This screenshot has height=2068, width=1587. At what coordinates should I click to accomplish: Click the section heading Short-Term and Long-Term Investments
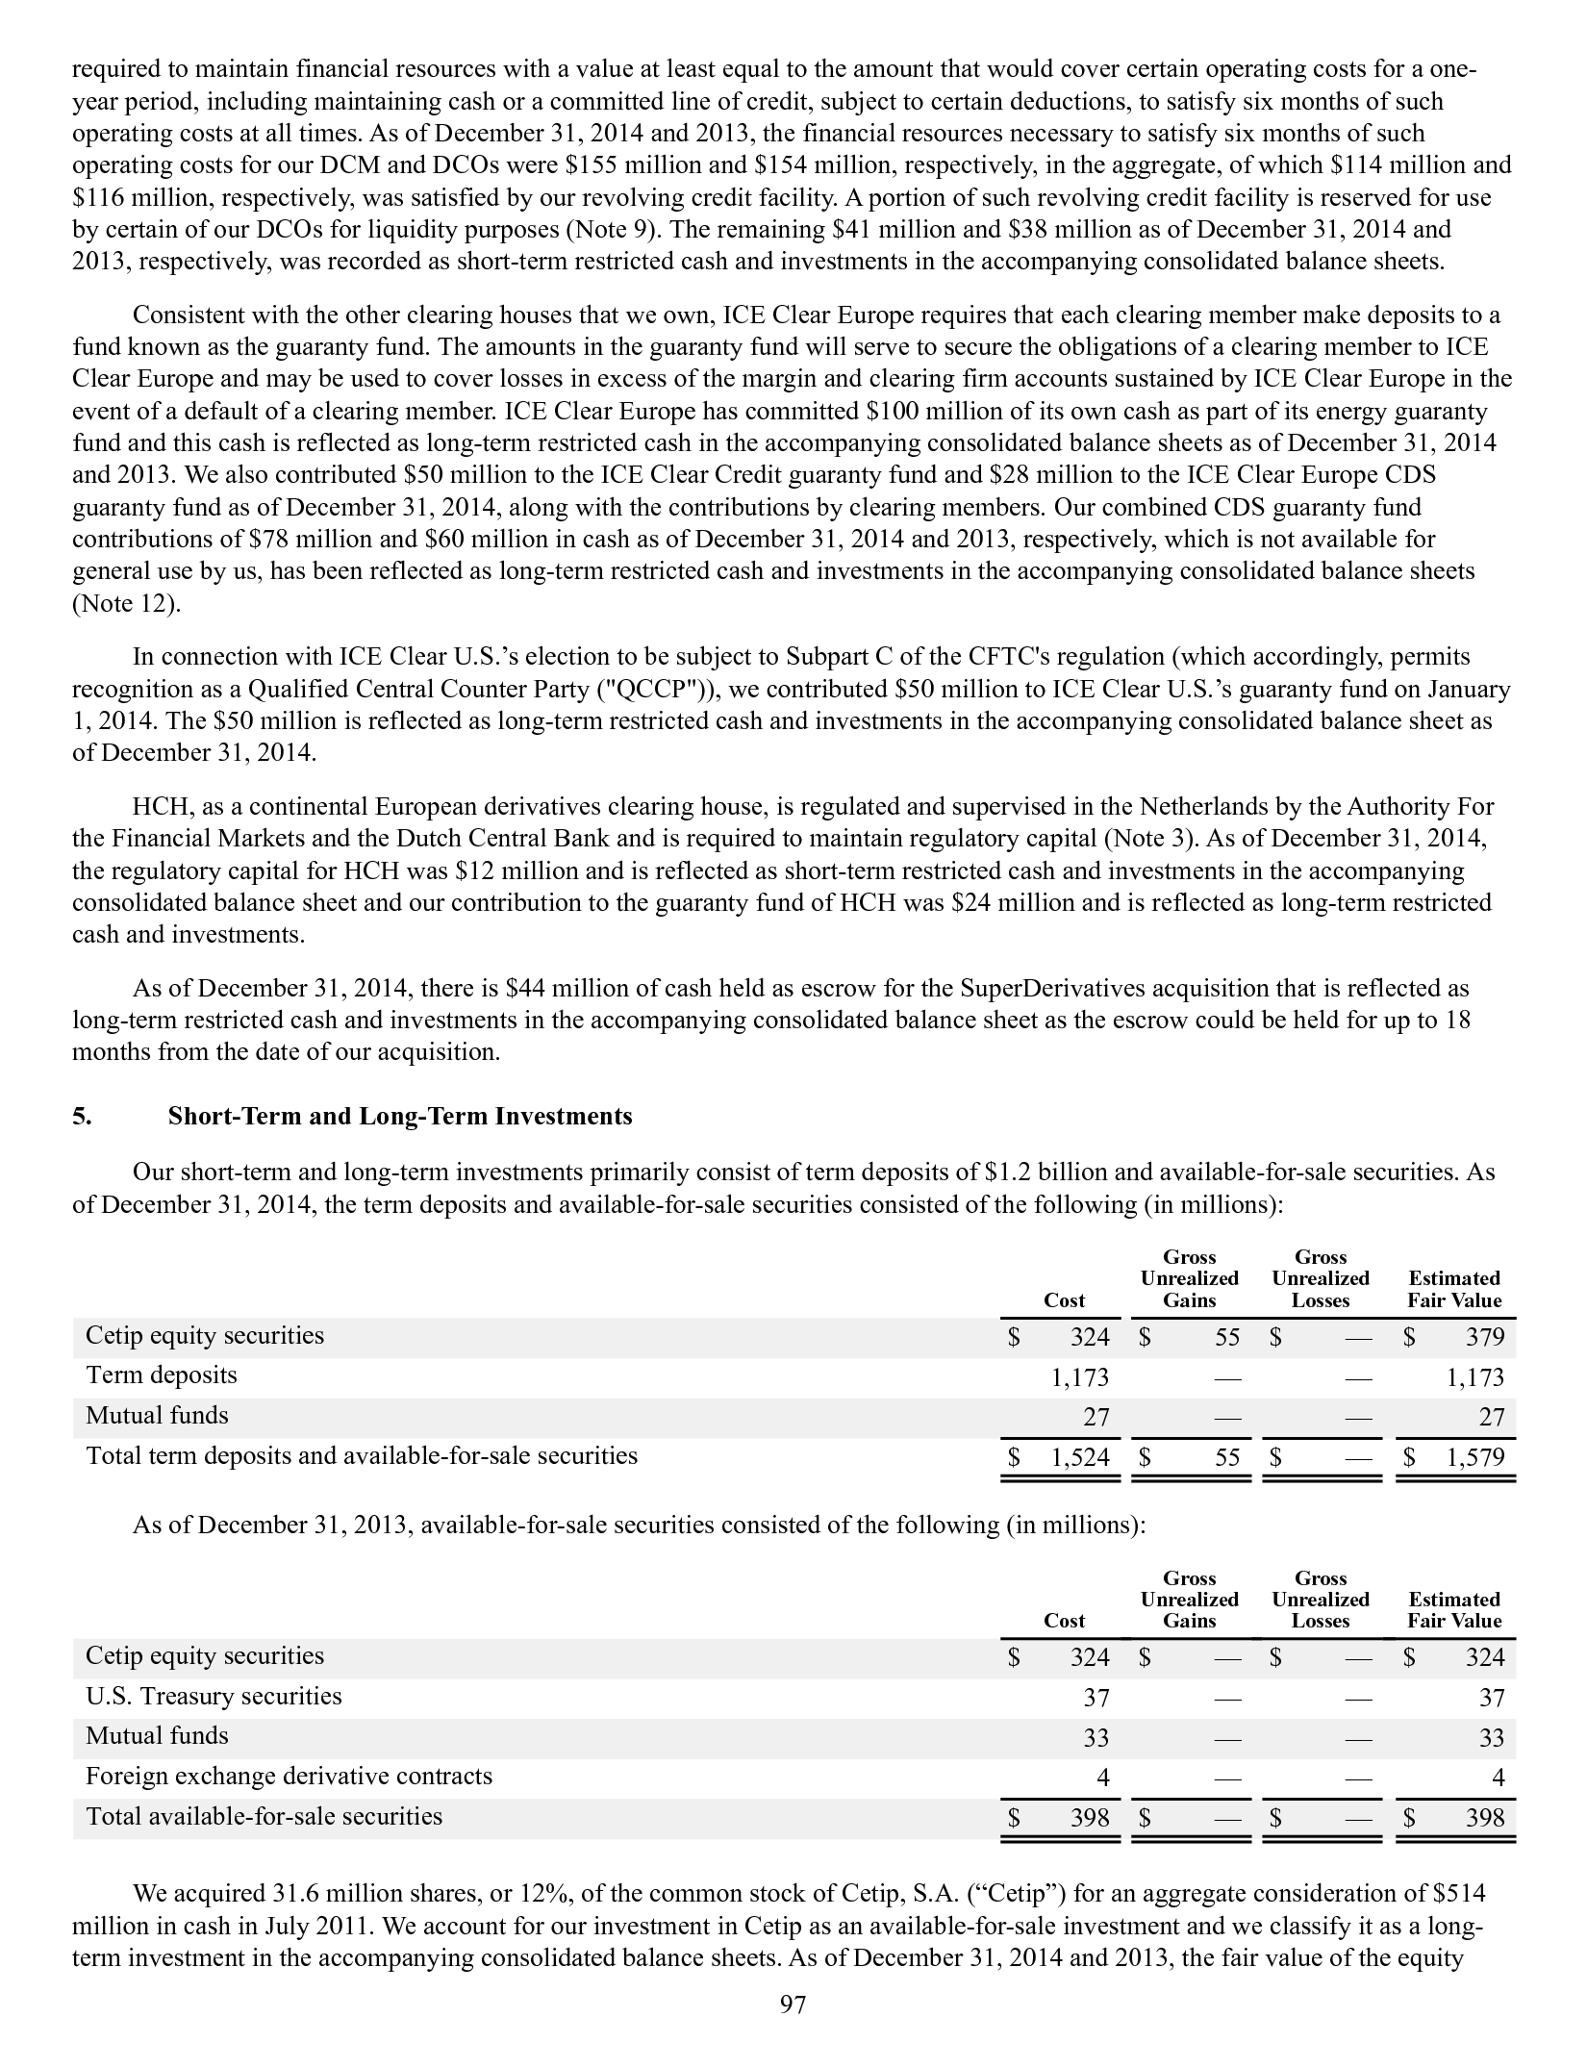pyautogui.click(x=400, y=1116)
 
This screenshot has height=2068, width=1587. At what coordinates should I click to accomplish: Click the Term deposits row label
pyautogui.click(x=162, y=1375)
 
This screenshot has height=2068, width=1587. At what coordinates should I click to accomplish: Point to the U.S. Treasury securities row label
pyautogui.click(x=214, y=1696)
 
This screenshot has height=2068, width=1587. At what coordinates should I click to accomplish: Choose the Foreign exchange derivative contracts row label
pyautogui.click(x=289, y=1776)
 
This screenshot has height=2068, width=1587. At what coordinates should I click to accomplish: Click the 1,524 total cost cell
pyautogui.click(x=1080, y=1457)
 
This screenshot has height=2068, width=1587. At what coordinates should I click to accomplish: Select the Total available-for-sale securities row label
pyautogui.click(x=264, y=1816)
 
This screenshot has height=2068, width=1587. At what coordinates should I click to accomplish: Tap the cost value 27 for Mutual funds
pyautogui.click(x=1096, y=1417)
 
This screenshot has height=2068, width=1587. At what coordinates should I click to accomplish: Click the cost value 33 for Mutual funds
pyautogui.click(x=1096, y=1737)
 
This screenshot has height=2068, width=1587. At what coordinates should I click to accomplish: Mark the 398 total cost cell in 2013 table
pyautogui.click(x=1091, y=1817)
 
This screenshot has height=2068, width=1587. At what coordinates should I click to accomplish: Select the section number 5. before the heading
pyautogui.click(x=81, y=1116)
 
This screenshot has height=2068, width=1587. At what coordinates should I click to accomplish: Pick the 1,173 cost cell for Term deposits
pyautogui.click(x=1080, y=1377)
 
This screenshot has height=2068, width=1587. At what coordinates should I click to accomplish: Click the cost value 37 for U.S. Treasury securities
pyautogui.click(x=1096, y=1698)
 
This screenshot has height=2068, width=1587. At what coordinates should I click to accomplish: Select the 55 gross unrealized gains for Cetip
pyautogui.click(x=1226, y=1337)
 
